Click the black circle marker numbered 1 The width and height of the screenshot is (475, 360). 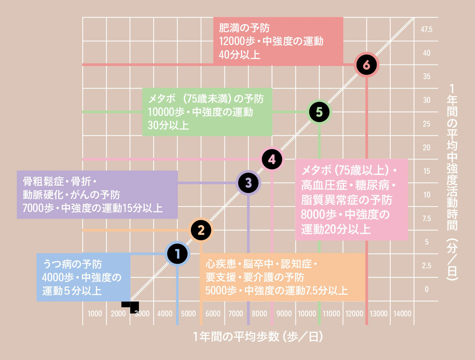[x=177, y=254]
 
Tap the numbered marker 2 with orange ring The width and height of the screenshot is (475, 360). [x=201, y=230]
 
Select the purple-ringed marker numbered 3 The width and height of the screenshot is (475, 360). [x=248, y=183]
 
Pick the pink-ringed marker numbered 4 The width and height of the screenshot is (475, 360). [x=272, y=159]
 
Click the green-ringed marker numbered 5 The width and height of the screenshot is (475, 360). [x=319, y=112]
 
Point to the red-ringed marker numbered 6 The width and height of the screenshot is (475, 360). [x=366, y=65]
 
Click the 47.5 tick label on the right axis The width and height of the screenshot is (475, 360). [x=426, y=29]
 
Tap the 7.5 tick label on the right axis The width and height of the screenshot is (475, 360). [x=426, y=218]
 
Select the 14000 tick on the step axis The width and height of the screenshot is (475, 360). [x=402, y=314]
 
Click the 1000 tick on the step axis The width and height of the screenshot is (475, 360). [x=95, y=314]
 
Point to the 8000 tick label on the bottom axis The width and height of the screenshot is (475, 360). [x=259, y=314]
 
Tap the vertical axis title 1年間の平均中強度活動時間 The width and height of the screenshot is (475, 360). [x=452, y=182]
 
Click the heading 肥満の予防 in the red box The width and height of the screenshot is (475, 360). [x=244, y=28]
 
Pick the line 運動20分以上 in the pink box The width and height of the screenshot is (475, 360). [x=336, y=229]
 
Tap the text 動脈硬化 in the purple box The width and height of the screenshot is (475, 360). [x=42, y=195]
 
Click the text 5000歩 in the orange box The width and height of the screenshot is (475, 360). [x=221, y=290]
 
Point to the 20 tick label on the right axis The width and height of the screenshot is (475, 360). [x=426, y=148]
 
